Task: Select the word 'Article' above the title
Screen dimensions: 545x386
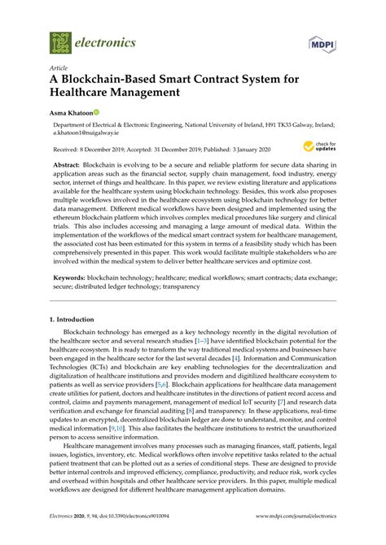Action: click(x=59, y=68)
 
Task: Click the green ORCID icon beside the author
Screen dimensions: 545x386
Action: click(x=95, y=112)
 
